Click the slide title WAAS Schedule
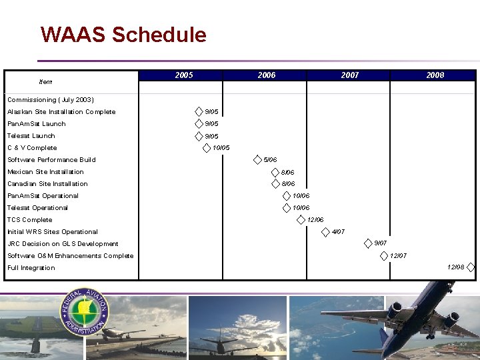123,35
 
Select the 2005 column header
183,75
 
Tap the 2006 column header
266,75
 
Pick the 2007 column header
349,75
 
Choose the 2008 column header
435,75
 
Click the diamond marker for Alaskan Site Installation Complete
199,111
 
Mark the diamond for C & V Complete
206,147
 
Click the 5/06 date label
270,160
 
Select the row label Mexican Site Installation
45,172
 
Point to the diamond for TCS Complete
301,219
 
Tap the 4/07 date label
338,232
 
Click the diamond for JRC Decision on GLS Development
368,243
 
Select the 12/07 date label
398,256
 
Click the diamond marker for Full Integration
471,267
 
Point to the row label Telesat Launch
31,136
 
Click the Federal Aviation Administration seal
85,312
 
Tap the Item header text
45,82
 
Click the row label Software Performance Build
51,160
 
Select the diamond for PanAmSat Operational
287,195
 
